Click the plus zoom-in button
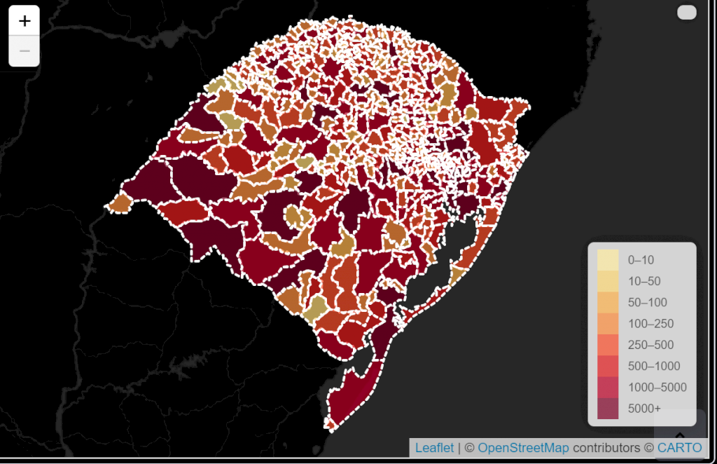pyautogui.click(x=25, y=21)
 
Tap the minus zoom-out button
pyautogui.click(x=25, y=51)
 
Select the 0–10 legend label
pyautogui.click(x=641, y=260)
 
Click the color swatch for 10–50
pyautogui.click(x=608, y=281)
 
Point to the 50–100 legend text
pyautogui.click(x=648, y=303)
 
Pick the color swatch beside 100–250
pyautogui.click(x=608, y=324)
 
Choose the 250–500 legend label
pyautogui.click(x=650, y=345)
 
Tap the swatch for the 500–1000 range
pyautogui.click(x=608, y=366)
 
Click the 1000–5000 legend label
pyautogui.click(x=657, y=388)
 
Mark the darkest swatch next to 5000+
pyautogui.click(x=608, y=408)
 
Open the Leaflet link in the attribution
pyautogui.click(x=434, y=448)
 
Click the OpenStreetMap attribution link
pyautogui.click(x=523, y=448)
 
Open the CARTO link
pyautogui.click(x=679, y=448)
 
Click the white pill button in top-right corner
pyautogui.click(x=687, y=13)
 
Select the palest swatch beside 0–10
pyautogui.click(x=608, y=260)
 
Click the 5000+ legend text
pyautogui.click(x=644, y=409)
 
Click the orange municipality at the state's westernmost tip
pyautogui.click(x=120, y=203)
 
